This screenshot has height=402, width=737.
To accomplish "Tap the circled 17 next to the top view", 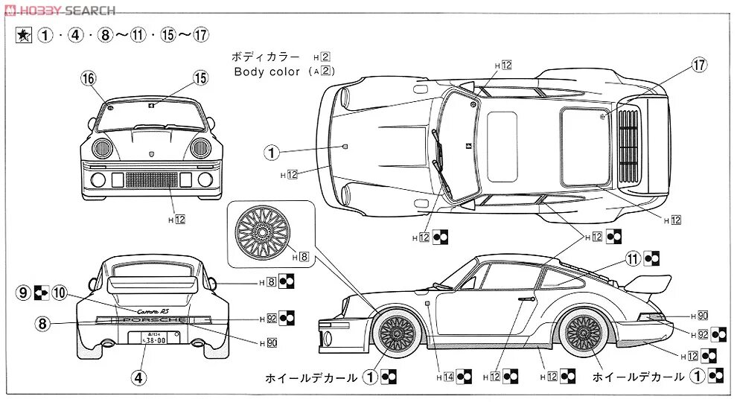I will click(698, 65).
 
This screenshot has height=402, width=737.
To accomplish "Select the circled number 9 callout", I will click(24, 293).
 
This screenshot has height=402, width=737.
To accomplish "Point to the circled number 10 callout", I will click(60, 293).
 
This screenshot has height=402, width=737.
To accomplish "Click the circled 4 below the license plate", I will click(138, 377).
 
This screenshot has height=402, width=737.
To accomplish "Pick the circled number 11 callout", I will click(633, 258).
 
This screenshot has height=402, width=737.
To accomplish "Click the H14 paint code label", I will click(448, 377).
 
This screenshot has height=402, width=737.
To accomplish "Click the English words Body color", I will click(267, 72).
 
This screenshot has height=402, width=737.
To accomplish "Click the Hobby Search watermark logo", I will click(60, 10).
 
